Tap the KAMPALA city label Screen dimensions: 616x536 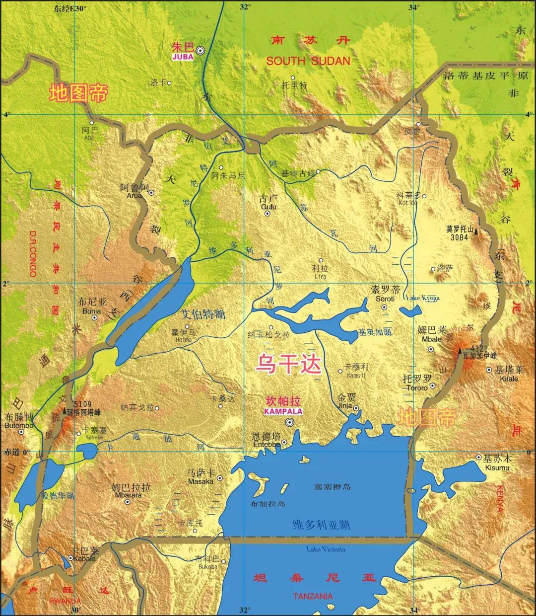(x=283, y=412)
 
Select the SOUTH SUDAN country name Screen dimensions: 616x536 (x=308, y=61)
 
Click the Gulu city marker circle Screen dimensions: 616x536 (x=268, y=214)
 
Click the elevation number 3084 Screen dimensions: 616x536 (x=460, y=237)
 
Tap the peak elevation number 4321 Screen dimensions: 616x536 (x=479, y=348)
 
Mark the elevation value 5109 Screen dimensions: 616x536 (x=81, y=404)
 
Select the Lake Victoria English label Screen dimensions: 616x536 (x=325, y=549)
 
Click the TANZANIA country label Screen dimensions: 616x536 (x=313, y=596)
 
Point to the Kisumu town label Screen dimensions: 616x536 (x=498, y=468)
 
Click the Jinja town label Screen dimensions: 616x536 (x=344, y=406)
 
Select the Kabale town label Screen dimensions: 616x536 (x=83, y=558)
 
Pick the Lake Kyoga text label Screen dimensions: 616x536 (x=422, y=298)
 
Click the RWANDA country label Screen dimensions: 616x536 (x=65, y=601)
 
